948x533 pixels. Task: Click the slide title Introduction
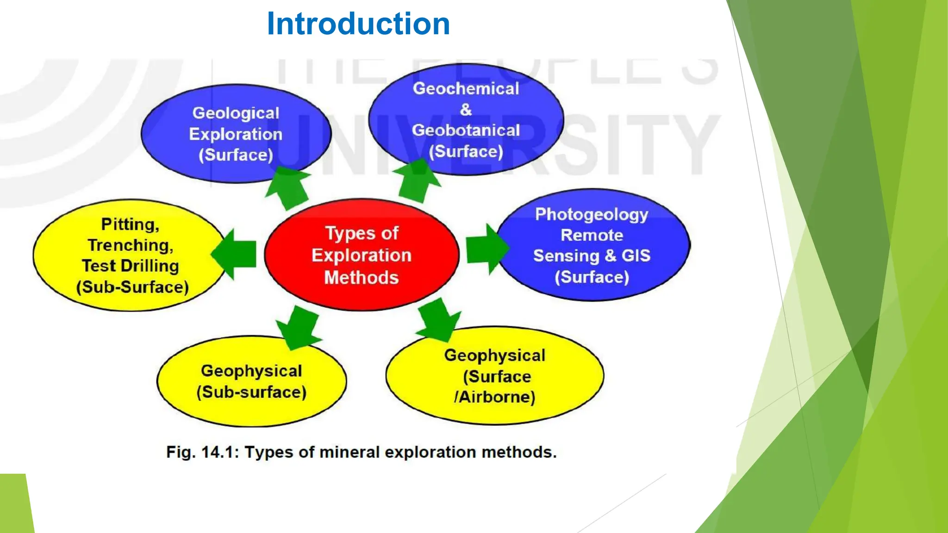point(358,24)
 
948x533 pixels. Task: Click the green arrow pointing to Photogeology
point(486,249)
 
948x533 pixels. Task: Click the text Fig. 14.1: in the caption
point(202,452)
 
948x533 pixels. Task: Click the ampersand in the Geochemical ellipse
point(466,110)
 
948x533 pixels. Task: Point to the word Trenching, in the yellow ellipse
point(131,245)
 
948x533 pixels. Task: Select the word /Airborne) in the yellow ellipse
point(494,397)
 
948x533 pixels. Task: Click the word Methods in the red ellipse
point(362,278)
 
